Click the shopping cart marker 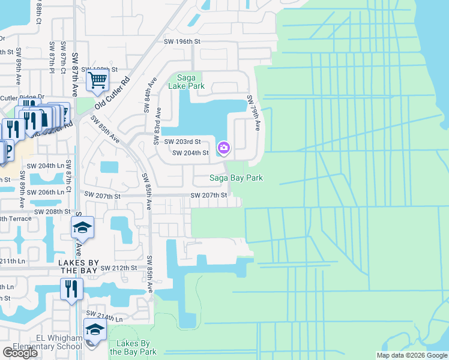[x=97, y=79]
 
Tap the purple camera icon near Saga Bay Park [x=224, y=146]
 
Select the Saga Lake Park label [x=190, y=82]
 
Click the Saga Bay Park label [x=236, y=178]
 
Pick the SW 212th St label [x=119, y=268]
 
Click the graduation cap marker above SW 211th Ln [x=82, y=229]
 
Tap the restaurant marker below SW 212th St [x=71, y=289]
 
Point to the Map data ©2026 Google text [x=411, y=355]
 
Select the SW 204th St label [x=190, y=153]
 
